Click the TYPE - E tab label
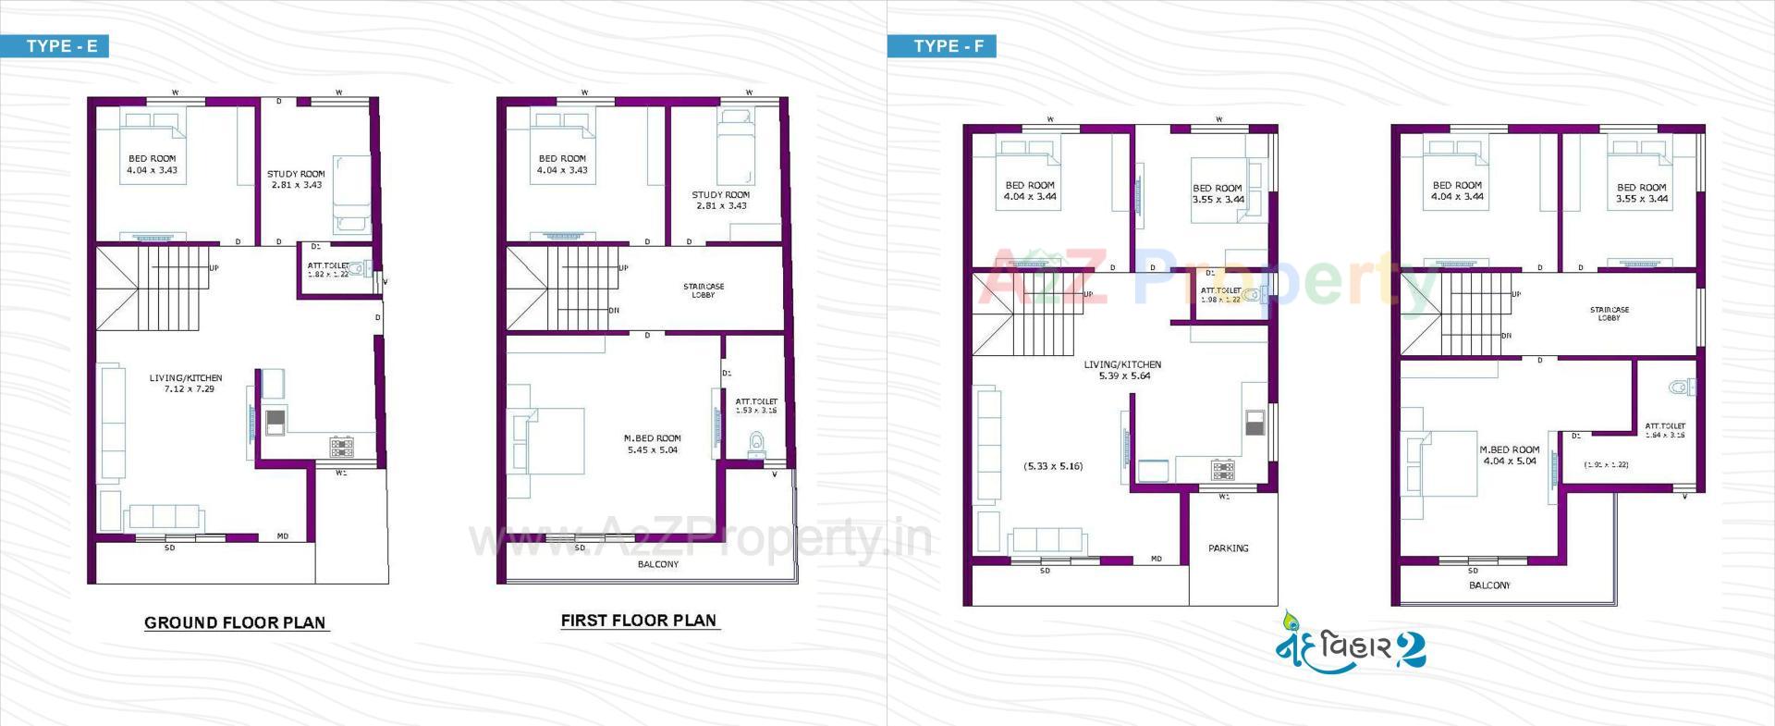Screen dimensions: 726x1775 click(61, 46)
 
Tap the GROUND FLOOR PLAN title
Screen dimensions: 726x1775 click(235, 622)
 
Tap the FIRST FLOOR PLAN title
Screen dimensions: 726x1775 click(638, 621)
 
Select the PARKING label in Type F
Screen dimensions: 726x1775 click(1228, 548)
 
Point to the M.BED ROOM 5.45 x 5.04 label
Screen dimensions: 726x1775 click(652, 445)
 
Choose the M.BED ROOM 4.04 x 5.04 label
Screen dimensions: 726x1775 click(1509, 455)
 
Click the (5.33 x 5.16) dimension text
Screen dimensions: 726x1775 click(1053, 466)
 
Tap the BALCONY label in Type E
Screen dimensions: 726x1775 click(657, 564)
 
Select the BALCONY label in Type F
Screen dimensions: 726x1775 click(1488, 585)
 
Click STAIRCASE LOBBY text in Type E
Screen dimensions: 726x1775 click(704, 290)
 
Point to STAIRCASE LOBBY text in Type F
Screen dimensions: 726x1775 click(1609, 314)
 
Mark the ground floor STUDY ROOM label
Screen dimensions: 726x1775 click(296, 179)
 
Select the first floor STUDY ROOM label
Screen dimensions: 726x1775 click(720, 200)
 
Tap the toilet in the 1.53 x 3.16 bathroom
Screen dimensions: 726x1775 click(756, 442)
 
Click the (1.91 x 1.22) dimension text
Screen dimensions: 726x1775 click(1606, 465)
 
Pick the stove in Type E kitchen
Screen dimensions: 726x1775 click(341, 448)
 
